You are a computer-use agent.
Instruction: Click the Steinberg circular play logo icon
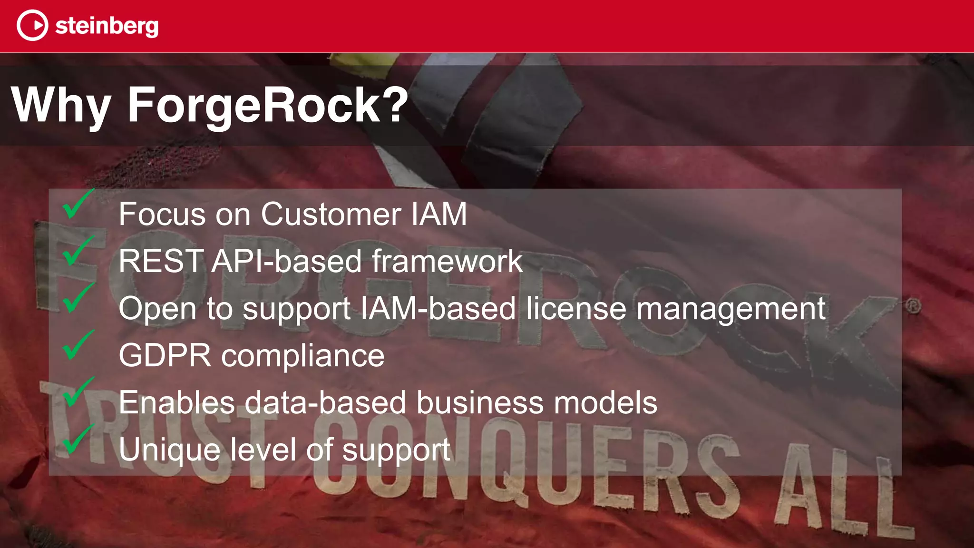coord(32,26)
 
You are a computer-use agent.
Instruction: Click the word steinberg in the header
coord(107,26)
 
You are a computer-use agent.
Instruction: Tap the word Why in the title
coord(61,105)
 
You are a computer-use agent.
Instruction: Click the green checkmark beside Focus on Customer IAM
coord(77,205)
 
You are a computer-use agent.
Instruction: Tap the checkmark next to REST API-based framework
coord(77,252)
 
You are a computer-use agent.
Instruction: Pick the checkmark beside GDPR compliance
coord(77,346)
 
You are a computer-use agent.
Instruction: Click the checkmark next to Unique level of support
coord(77,440)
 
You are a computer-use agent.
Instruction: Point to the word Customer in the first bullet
coord(331,214)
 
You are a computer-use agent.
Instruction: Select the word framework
coord(447,261)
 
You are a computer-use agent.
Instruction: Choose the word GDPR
coord(165,355)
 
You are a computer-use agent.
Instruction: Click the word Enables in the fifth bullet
coord(176,402)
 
